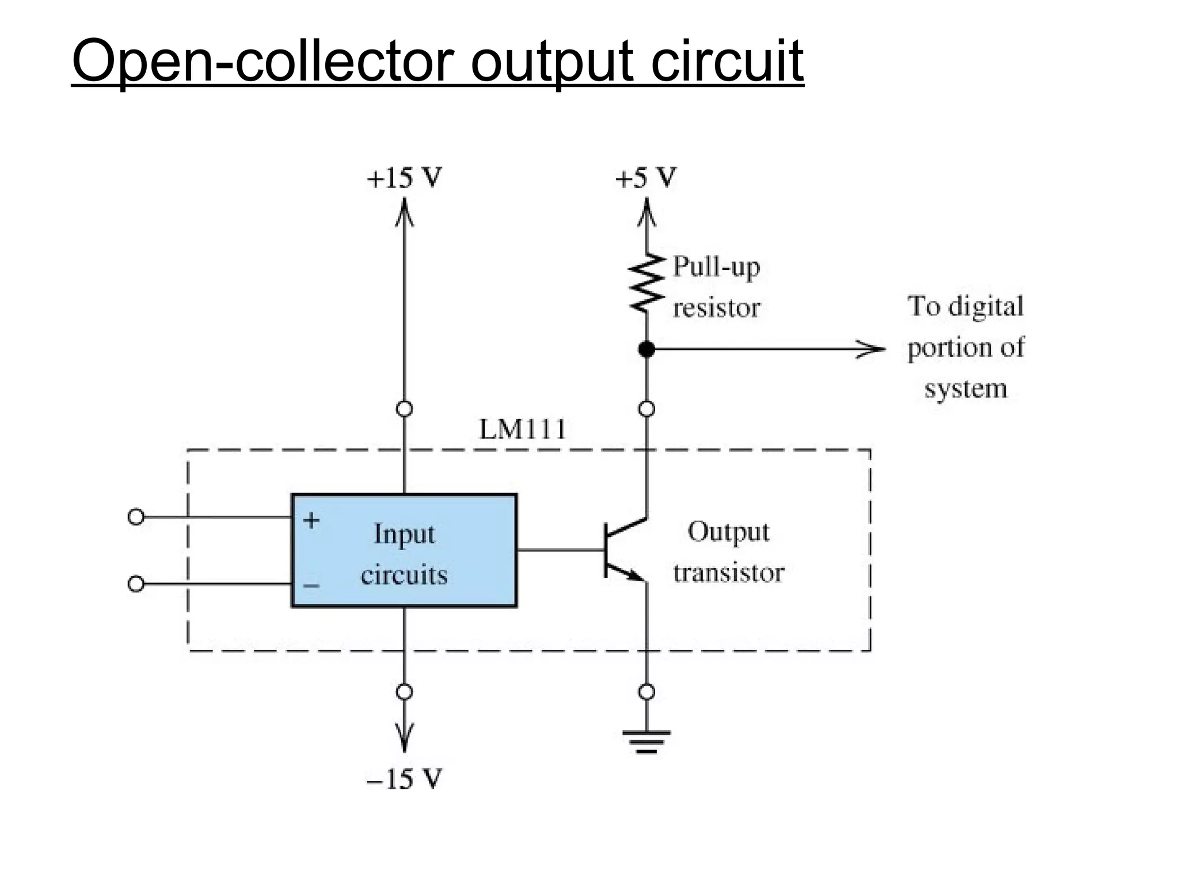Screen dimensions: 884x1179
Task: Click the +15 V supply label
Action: (x=404, y=178)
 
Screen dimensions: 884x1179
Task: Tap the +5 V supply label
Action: (x=645, y=178)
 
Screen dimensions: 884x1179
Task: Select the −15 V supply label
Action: (x=404, y=779)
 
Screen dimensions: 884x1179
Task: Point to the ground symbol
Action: (x=646, y=741)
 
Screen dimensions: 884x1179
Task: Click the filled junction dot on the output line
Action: (x=646, y=349)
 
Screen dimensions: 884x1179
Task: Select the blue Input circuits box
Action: (x=404, y=550)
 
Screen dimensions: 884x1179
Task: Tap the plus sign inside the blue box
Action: (x=311, y=520)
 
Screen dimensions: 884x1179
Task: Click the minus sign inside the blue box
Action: (x=311, y=586)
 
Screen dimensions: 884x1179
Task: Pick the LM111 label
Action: (x=523, y=430)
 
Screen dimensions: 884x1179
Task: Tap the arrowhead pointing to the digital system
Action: (x=872, y=349)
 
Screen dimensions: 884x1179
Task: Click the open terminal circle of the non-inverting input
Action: (x=136, y=517)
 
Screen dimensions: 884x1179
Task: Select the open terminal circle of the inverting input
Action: (x=136, y=584)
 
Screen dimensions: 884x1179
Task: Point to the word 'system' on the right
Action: (x=965, y=389)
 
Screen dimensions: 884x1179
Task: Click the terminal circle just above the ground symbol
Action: (x=646, y=692)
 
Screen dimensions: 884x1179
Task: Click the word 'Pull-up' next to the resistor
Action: (x=716, y=267)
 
